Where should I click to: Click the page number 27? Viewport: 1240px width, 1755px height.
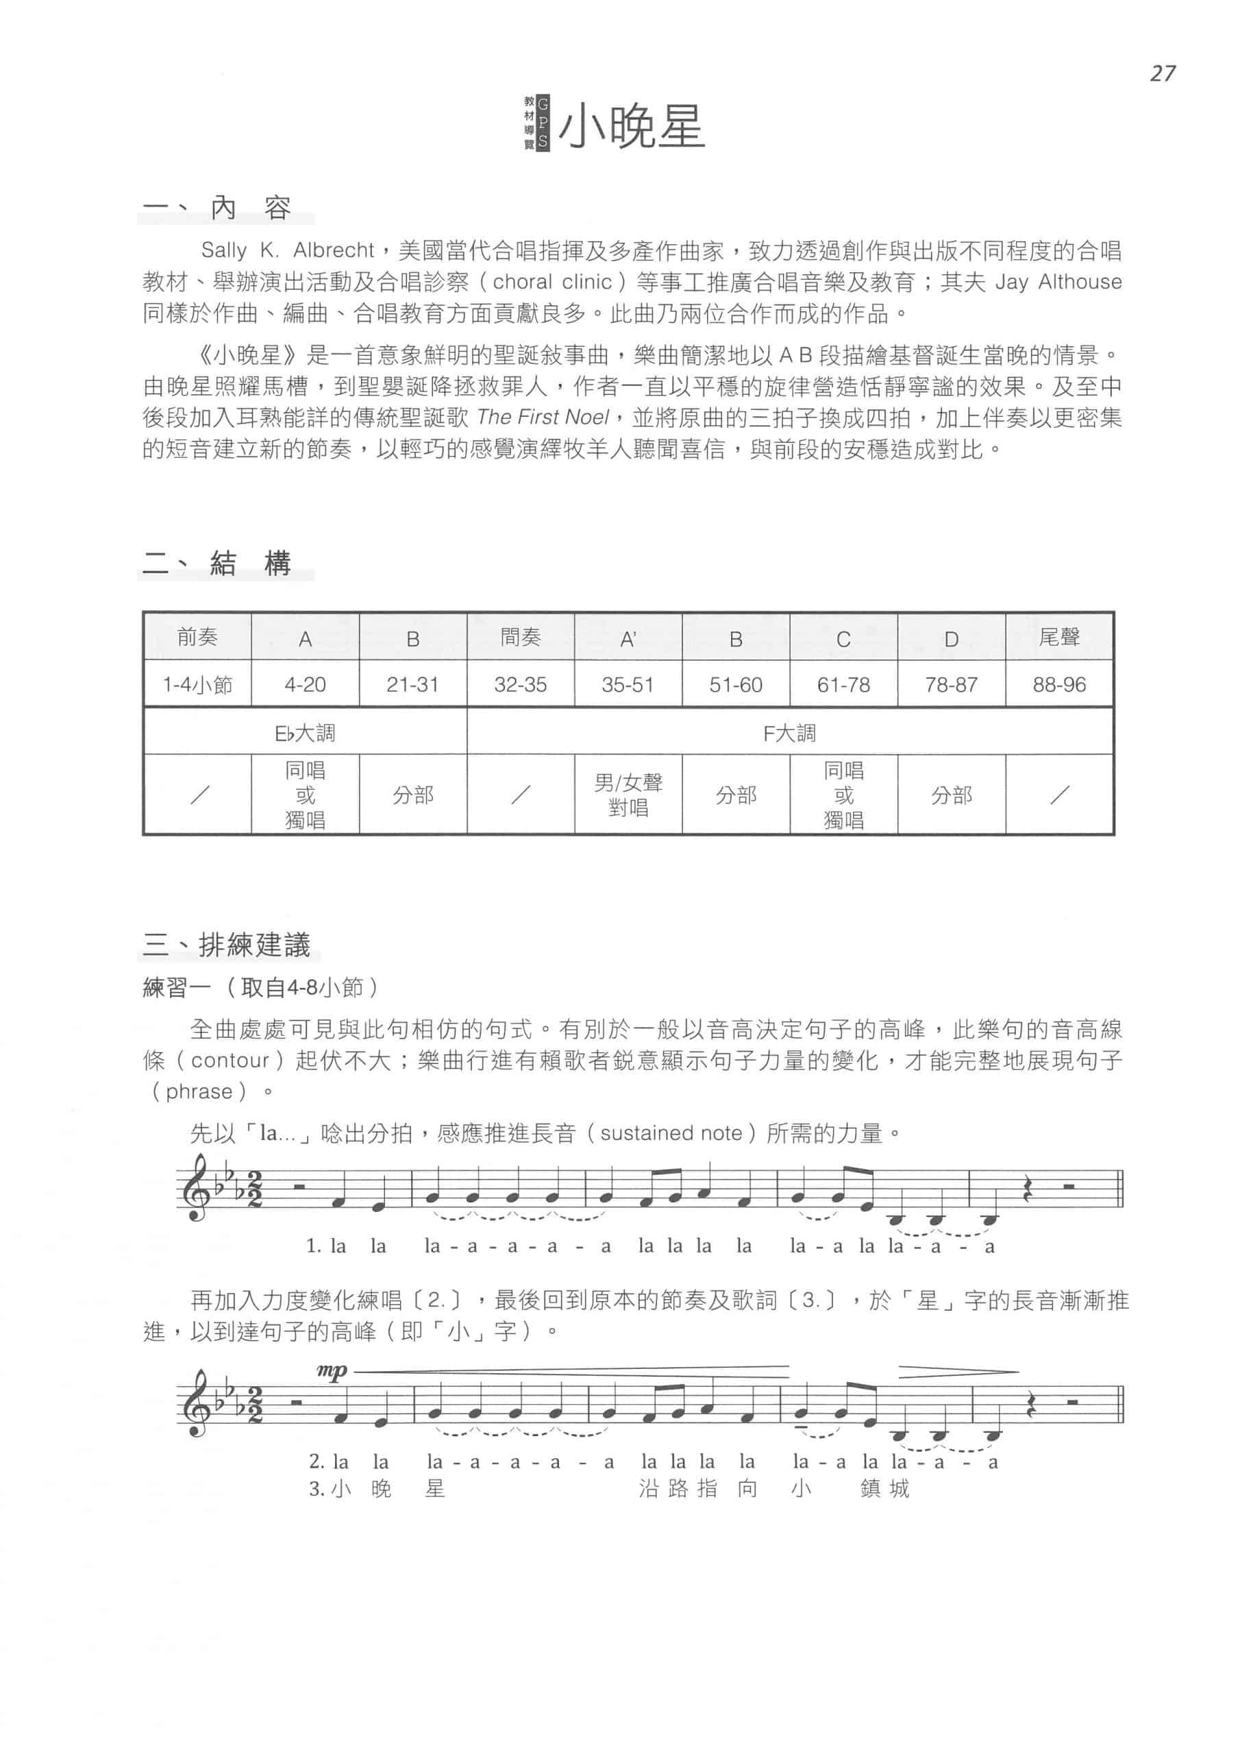1161,73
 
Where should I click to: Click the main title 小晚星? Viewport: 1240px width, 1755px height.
631,127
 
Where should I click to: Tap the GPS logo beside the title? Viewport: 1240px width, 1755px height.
536,122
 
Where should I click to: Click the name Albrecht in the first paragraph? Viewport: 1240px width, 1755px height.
333,251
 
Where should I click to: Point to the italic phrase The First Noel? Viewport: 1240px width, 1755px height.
543,417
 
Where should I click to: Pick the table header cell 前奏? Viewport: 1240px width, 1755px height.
197,637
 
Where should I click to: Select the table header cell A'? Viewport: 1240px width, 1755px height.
628,639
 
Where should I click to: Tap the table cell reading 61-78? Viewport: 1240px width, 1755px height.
843,684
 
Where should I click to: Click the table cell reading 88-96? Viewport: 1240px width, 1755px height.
1059,684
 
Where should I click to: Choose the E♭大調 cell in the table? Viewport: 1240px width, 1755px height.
305,733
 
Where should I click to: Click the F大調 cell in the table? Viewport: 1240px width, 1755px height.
789,733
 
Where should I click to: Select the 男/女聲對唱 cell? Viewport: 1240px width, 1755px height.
628,795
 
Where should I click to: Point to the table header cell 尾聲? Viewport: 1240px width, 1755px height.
1059,637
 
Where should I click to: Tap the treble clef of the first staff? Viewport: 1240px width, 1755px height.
194,1190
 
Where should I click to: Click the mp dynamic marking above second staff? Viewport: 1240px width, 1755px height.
332,1370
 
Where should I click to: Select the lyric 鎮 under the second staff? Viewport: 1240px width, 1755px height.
870,1489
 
